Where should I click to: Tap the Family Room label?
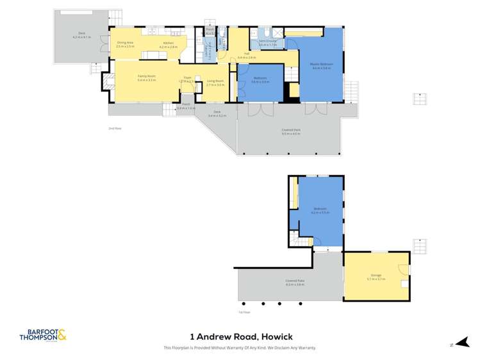[x=146, y=78]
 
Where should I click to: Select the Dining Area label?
[x=126, y=44]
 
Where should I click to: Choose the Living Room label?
[x=215, y=83]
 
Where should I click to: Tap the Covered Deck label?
[x=290, y=132]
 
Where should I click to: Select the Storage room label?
[x=376, y=277]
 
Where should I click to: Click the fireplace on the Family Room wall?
[x=106, y=81]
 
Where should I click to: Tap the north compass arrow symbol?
[x=452, y=343]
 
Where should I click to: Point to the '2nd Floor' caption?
[x=115, y=129]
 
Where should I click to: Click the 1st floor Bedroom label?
[x=320, y=209]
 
